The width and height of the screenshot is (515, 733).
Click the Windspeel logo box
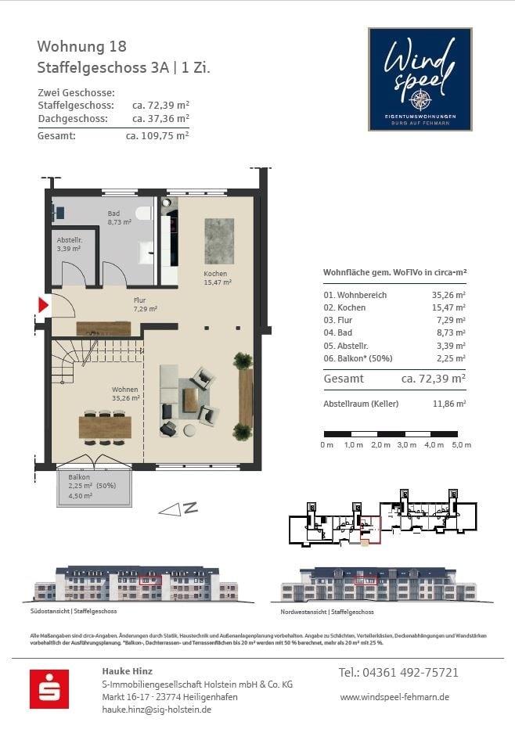420,79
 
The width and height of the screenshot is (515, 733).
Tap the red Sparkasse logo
49,689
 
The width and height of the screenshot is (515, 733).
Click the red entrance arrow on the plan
44,305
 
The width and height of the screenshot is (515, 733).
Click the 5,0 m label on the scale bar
461,444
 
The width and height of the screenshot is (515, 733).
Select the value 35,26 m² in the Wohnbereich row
448,295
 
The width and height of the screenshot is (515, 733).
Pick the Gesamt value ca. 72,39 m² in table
434,379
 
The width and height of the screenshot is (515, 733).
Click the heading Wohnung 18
81,47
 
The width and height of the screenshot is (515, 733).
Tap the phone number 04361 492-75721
398,673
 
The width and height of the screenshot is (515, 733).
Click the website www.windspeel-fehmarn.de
394,696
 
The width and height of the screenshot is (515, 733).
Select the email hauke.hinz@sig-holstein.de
157,710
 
